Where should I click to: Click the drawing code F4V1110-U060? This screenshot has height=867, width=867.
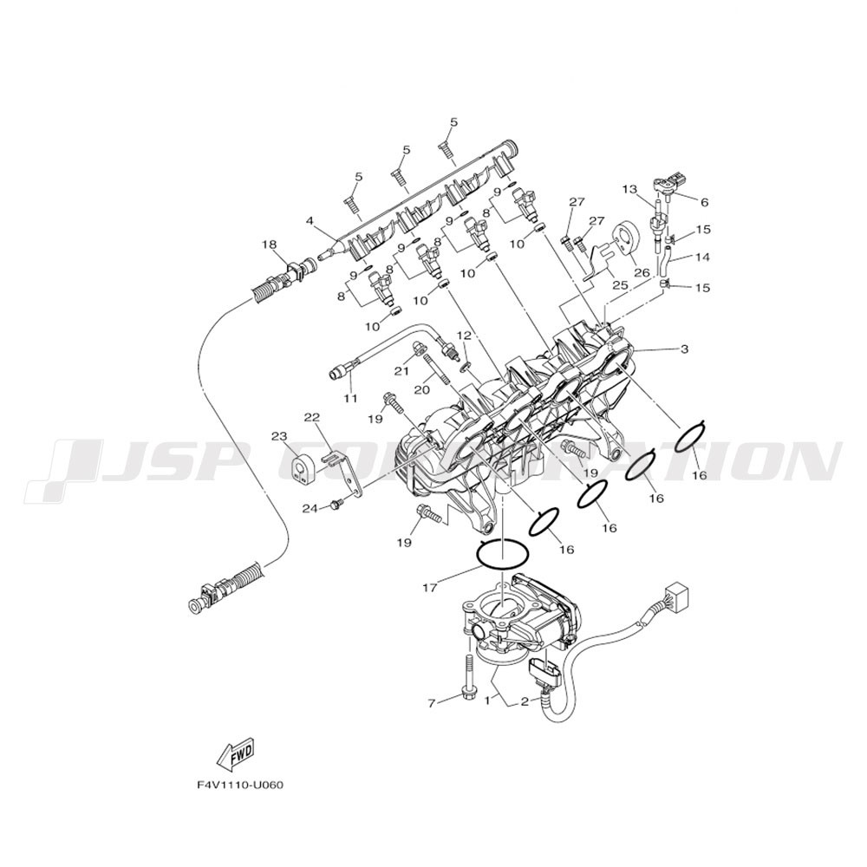tap(240, 786)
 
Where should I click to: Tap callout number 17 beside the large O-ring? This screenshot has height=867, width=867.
tap(430, 589)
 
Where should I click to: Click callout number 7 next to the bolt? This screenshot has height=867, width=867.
tap(432, 703)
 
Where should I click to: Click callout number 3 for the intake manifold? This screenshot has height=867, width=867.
tap(685, 349)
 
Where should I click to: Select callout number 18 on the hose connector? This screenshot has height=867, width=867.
tap(270, 244)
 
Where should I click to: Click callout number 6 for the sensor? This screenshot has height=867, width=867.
tap(704, 203)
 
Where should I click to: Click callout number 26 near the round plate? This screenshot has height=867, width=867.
tap(642, 272)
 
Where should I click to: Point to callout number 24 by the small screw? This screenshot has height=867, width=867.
tap(310, 507)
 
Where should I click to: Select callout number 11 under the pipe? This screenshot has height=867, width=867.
tap(350, 398)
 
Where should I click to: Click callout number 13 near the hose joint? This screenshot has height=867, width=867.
tap(629, 190)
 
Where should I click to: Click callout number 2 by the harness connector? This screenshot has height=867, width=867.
tap(525, 702)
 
